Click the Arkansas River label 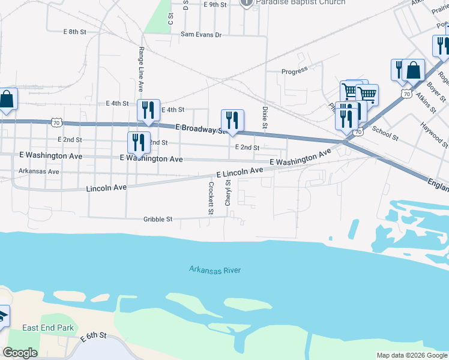[215, 270]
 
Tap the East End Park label [48, 328]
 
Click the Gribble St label [158, 220]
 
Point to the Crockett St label [211, 198]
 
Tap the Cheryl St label [228, 192]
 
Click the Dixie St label [264, 117]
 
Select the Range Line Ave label [142, 65]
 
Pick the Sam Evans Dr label [202, 35]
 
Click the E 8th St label [75, 31]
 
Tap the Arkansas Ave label [39, 171]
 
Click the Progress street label [295, 71]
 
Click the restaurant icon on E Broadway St [232, 121]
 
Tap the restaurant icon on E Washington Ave [139, 143]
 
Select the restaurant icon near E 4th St [148, 110]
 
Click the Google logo [20, 353]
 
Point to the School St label [385, 133]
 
